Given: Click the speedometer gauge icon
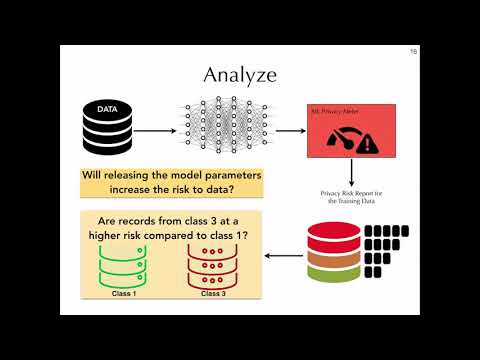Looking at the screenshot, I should pyautogui.click(x=343, y=139).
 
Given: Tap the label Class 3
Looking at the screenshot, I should pyautogui.click(x=211, y=294).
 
